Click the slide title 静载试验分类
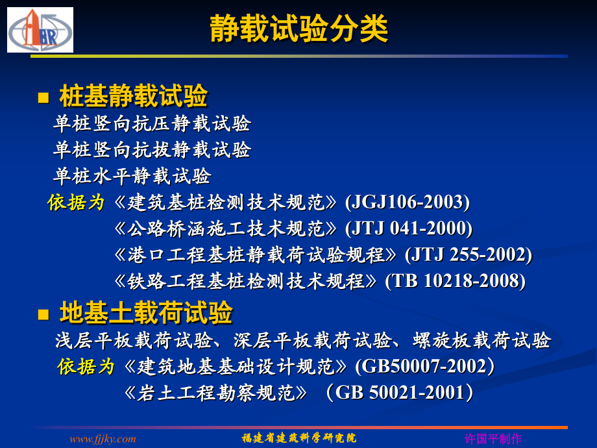click(299, 29)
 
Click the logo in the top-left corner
click(40, 30)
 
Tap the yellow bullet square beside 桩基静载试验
click(43, 98)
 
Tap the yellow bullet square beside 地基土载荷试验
click(43, 315)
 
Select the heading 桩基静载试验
click(134, 96)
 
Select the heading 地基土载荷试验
click(146, 313)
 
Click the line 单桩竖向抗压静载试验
click(152, 123)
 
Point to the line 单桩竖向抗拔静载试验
click(152, 150)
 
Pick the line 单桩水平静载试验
click(132, 176)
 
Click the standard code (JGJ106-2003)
click(408, 202)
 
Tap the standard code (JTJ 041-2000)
click(409, 229)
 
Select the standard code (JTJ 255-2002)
click(469, 255)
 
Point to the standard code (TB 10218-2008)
click(455, 281)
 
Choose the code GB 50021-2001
click(400, 393)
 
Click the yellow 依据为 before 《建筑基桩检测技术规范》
click(76, 203)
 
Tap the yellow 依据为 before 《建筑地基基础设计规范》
click(86, 367)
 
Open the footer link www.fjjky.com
click(103, 439)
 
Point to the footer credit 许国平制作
click(493, 439)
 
